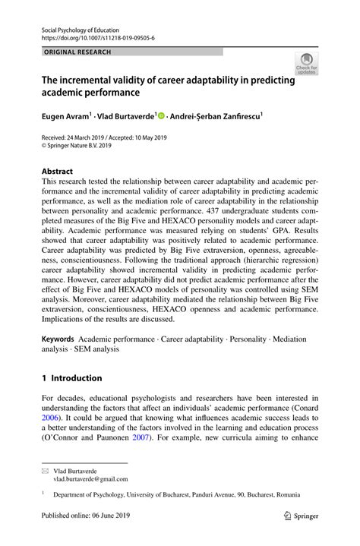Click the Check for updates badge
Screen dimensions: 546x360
click(x=307, y=64)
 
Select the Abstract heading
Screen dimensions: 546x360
click(x=57, y=172)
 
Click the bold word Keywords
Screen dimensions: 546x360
click(x=58, y=336)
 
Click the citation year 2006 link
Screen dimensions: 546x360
click(x=50, y=417)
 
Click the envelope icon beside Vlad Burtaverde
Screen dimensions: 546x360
click(x=45, y=471)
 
